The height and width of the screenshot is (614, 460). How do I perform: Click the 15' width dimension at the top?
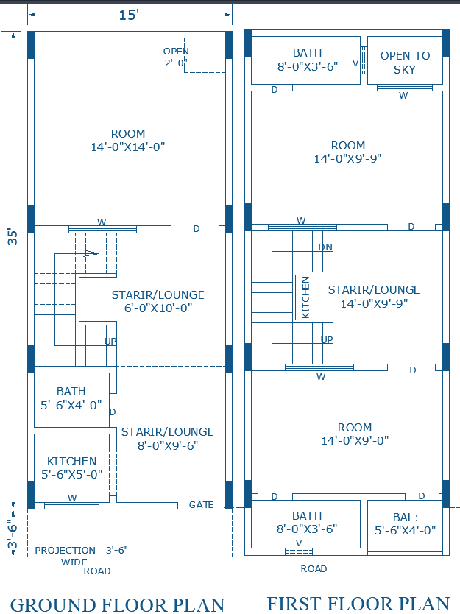(x=128, y=15)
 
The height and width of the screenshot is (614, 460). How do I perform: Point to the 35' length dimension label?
(x=13, y=237)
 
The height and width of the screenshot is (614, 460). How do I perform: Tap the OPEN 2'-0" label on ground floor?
(x=177, y=57)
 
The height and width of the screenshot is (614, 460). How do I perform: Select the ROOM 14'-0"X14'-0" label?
(x=128, y=141)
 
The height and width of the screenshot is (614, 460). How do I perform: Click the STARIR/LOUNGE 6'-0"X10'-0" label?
(x=158, y=302)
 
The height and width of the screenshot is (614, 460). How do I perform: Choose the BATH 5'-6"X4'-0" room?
(x=71, y=398)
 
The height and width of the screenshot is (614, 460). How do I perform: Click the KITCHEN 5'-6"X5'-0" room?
(x=71, y=468)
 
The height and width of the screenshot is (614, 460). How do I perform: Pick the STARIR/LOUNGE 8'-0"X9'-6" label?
(x=167, y=439)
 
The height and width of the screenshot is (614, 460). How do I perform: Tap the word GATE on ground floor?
(x=201, y=505)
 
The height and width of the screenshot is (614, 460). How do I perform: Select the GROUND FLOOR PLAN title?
(x=118, y=604)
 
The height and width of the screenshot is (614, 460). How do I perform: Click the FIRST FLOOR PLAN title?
(x=358, y=603)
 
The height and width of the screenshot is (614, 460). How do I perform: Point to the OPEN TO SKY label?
(x=405, y=63)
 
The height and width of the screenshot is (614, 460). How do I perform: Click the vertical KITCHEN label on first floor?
(x=305, y=297)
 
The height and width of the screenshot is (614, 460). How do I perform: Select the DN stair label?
(x=325, y=247)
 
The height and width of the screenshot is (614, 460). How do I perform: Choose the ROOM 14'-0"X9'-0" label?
(x=354, y=434)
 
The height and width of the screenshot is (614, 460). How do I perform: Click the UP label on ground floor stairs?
(x=110, y=342)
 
